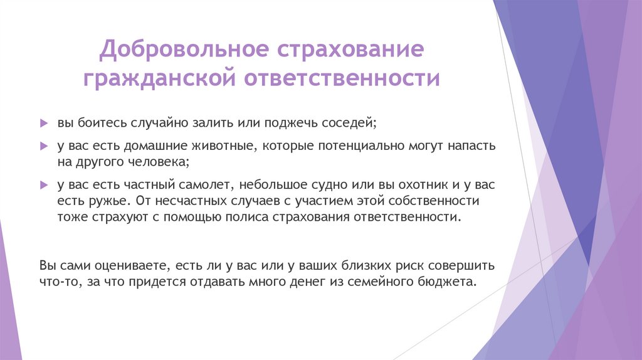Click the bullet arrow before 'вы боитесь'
(43, 122)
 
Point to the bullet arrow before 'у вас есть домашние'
(43, 146)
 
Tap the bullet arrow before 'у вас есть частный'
(43, 186)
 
